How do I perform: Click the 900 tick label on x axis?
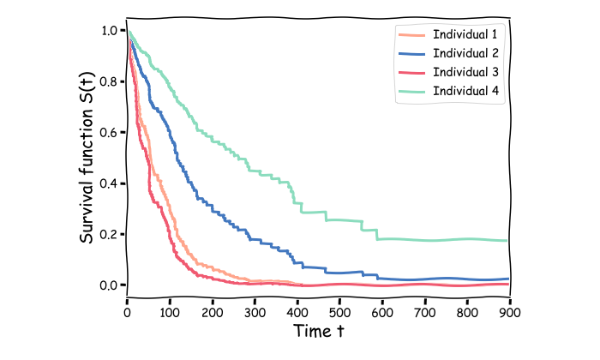[x=510, y=311]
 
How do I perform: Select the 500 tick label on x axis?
[x=339, y=311]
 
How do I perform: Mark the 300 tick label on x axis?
[x=255, y=311]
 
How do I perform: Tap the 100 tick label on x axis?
[x=170, y=311]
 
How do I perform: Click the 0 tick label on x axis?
[x=127, y=311]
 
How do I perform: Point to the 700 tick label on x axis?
[x=425, y=311]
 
